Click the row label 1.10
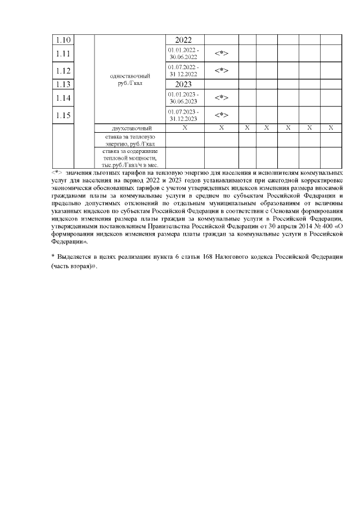point(64,40)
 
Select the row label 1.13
point(64,85)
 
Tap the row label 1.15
point(64,116)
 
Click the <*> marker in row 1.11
point(221,53)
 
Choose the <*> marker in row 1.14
point(221,98)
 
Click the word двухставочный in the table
point(130,129)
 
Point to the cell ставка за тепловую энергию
point(130,140)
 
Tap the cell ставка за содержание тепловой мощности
point(130,158)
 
